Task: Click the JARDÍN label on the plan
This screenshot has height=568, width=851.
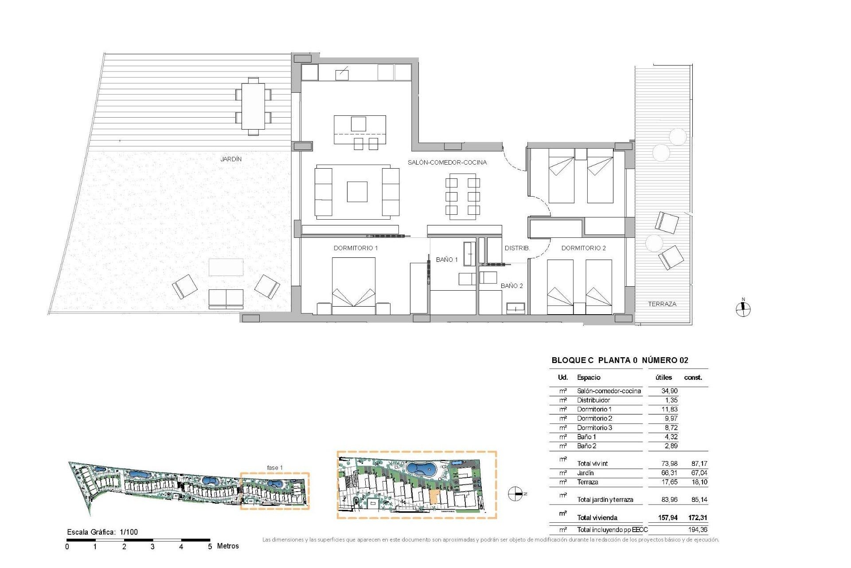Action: pyautogui.click(x=231, y=159)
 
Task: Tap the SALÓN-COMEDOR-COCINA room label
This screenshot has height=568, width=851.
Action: pyautogui.click(x=447, y=162)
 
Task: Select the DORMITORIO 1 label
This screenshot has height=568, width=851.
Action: pyautogui.click(x=355, y=248)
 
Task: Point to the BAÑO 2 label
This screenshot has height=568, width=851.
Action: pyautogui.click(x=511, y=286)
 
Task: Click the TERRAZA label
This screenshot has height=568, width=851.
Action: pyautogui.click(x=662, y=304)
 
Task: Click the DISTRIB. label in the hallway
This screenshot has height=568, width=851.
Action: pyautogui.click(x=517, y=248)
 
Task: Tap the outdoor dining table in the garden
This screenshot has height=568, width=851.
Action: pyautogui.click(x=253, y=106)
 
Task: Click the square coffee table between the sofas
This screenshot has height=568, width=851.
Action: pyautogui.click(x=357, y=192)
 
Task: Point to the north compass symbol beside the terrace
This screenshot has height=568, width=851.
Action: pyautogui.click(x=743, y=309)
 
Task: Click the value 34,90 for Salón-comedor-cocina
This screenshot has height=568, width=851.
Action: pyautogui.click(x=669, y=391)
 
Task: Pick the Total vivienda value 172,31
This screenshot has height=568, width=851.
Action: pyautogui.click(x=698, y=517)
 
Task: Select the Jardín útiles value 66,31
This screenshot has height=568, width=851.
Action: pyautogui.click(x=669, y=473)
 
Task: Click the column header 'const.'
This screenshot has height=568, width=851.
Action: pyautogui.click(x=693, y=378)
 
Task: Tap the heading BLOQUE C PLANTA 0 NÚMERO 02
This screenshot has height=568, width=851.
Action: pyautogui.click(x=620, y=360)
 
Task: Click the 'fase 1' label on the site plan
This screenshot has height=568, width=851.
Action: pyautogui.click(x=274, y=468)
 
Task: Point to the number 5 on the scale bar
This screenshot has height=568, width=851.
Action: pyautogui.click(x=210, y=547)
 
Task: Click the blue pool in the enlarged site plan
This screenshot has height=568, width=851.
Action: pyautogui.click(x=421, y=469)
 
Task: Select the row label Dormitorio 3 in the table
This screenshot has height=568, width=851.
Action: pyautogui.click(x=594, y=428)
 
